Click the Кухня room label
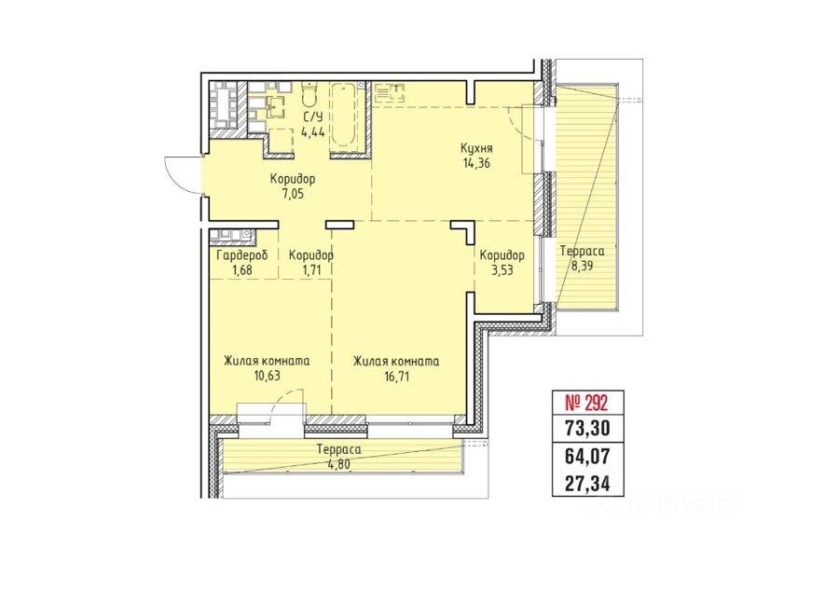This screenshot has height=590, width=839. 476,148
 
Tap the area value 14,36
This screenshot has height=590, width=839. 476,163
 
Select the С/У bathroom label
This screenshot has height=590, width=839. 313,118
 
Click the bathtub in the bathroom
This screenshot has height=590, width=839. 347,117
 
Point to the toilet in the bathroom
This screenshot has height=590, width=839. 309,95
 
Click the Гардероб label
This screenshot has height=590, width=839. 241,255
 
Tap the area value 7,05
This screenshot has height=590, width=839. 293,194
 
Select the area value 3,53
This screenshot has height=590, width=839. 502,270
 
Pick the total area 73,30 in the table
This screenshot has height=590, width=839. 587,429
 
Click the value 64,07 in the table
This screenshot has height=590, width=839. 587,457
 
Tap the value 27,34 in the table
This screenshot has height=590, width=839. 587,484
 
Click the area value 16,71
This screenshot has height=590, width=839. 396,377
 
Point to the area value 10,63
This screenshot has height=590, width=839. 267,376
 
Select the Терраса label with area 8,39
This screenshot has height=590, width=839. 582,251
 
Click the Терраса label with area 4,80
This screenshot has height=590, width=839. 338,450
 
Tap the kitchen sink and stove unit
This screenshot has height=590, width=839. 390,92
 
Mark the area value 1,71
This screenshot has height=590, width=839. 310,270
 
